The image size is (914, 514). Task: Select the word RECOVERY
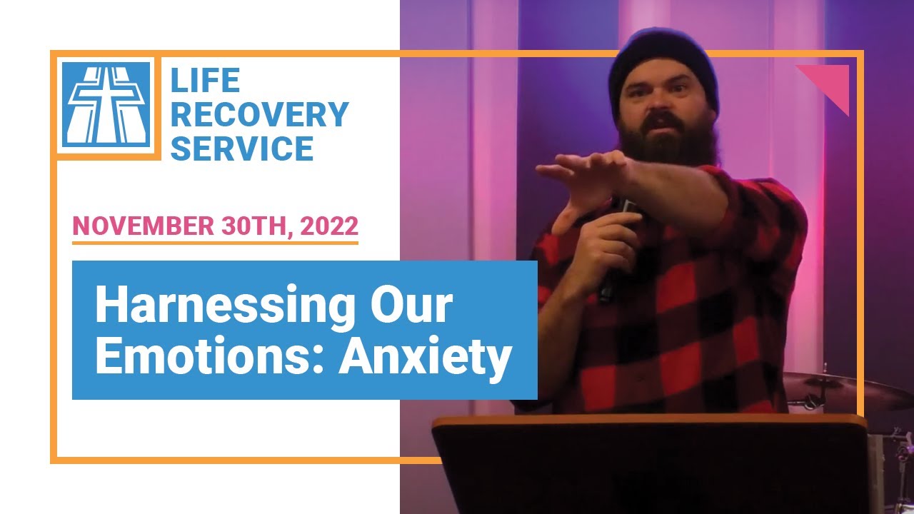pyautogui.click(x=259, y=115)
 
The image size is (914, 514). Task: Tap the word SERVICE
pyautogui.click(x=242, y=148)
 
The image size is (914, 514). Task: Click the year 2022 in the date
pyautogui.click(x=329, y=226)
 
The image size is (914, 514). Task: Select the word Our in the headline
pyautogui.click(x=415, y=306)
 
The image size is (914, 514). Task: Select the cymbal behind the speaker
pyautogui.click(x=843, y=389)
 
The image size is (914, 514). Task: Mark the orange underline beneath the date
pyautogui.click(x=215, y=243)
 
